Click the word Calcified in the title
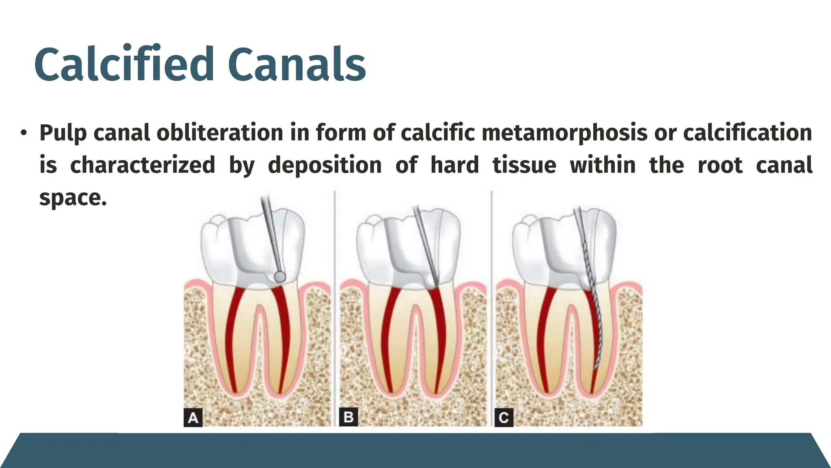click(124, 65)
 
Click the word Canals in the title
click(297, 65)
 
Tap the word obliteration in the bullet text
click(220, 133)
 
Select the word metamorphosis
click(564, 133)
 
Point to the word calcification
click(747, 133)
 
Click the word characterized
click(142, 165)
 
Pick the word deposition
click(325, 165)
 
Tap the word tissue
click(524, 165)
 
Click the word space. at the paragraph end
click(73, 198)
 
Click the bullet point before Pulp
click(24, 133)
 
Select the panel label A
click(193, 417)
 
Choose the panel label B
click(349, 417)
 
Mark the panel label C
click(504, 417)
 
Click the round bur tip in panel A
click(280, 277)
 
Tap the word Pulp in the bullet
click(63, 133)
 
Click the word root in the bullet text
click(720, 165)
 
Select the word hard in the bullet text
click(454, 165)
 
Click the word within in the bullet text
click(603, 165)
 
